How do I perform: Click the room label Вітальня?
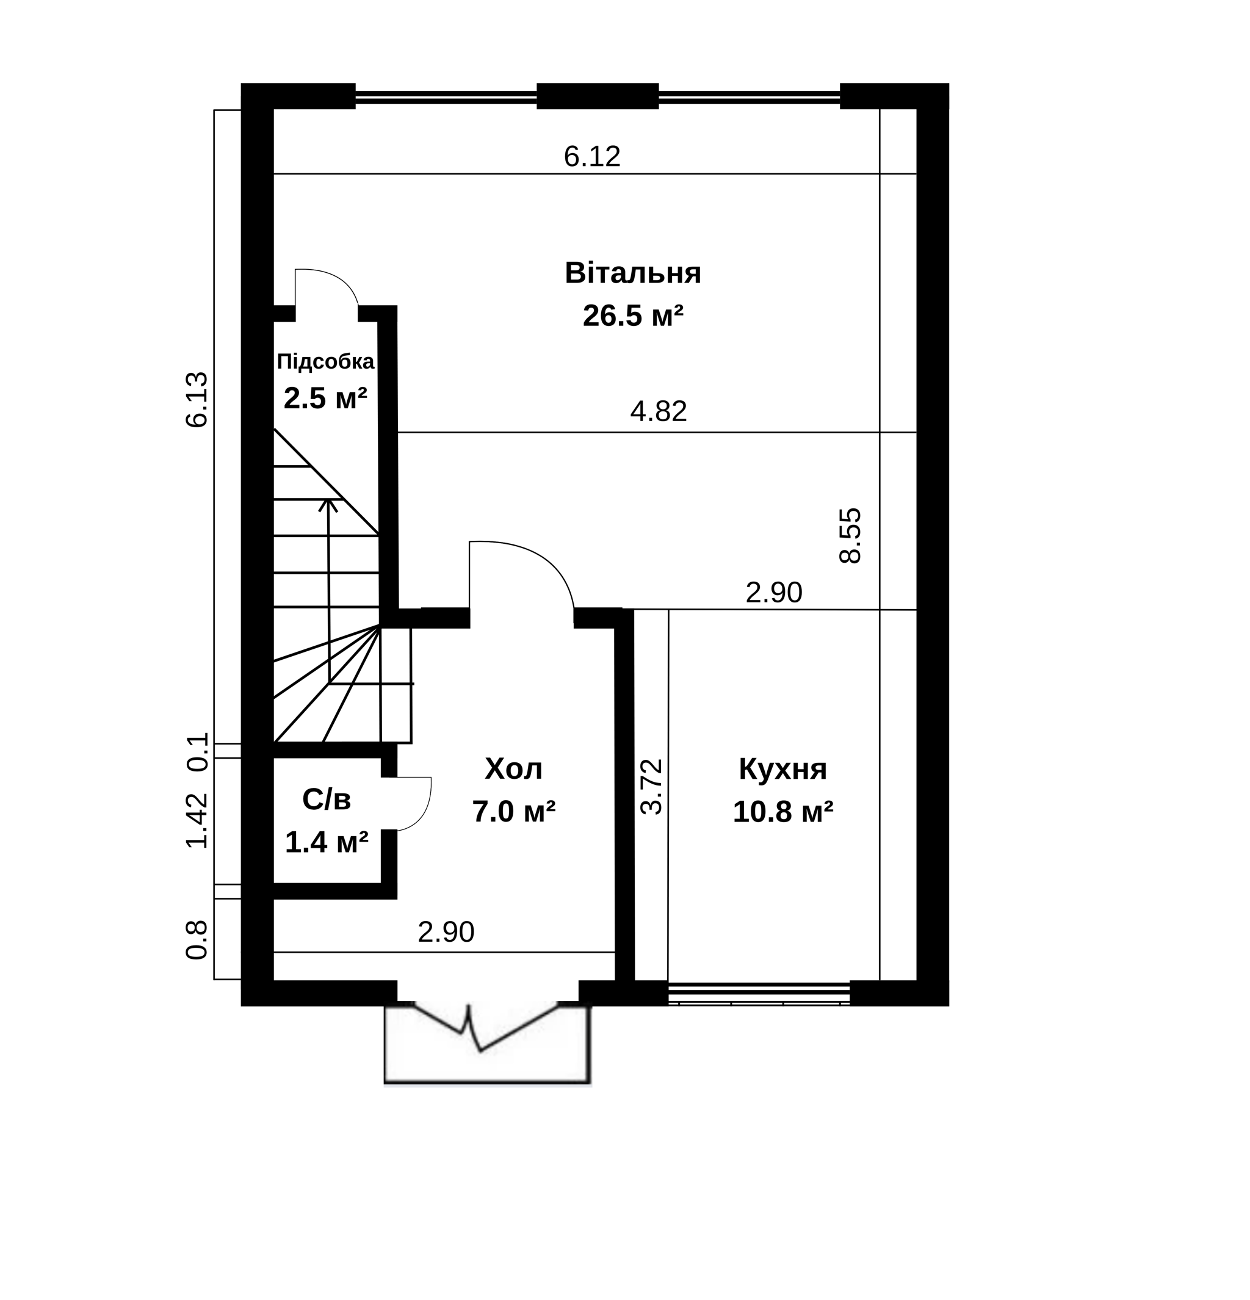[632, 273]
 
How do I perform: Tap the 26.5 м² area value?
[632, 316]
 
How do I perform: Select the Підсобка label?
[325, 362]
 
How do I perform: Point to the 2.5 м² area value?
[325, 399]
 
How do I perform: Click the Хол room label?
[513, 769]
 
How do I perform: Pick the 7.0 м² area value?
[513, 811]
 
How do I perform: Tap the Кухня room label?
[782, 769]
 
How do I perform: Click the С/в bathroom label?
[327, 800]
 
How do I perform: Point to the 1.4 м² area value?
[327, 842]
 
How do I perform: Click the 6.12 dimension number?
[592, 156]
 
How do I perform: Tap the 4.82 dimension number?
[659, 411]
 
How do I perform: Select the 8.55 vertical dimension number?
[850, 536]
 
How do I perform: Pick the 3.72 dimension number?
[651, 787]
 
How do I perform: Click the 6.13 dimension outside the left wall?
[197, 399]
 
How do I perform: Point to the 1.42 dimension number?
[197, 820]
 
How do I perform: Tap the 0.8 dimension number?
[197, 941]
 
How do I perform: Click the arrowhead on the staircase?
[328, 505]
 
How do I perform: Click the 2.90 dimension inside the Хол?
[446, 932]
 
